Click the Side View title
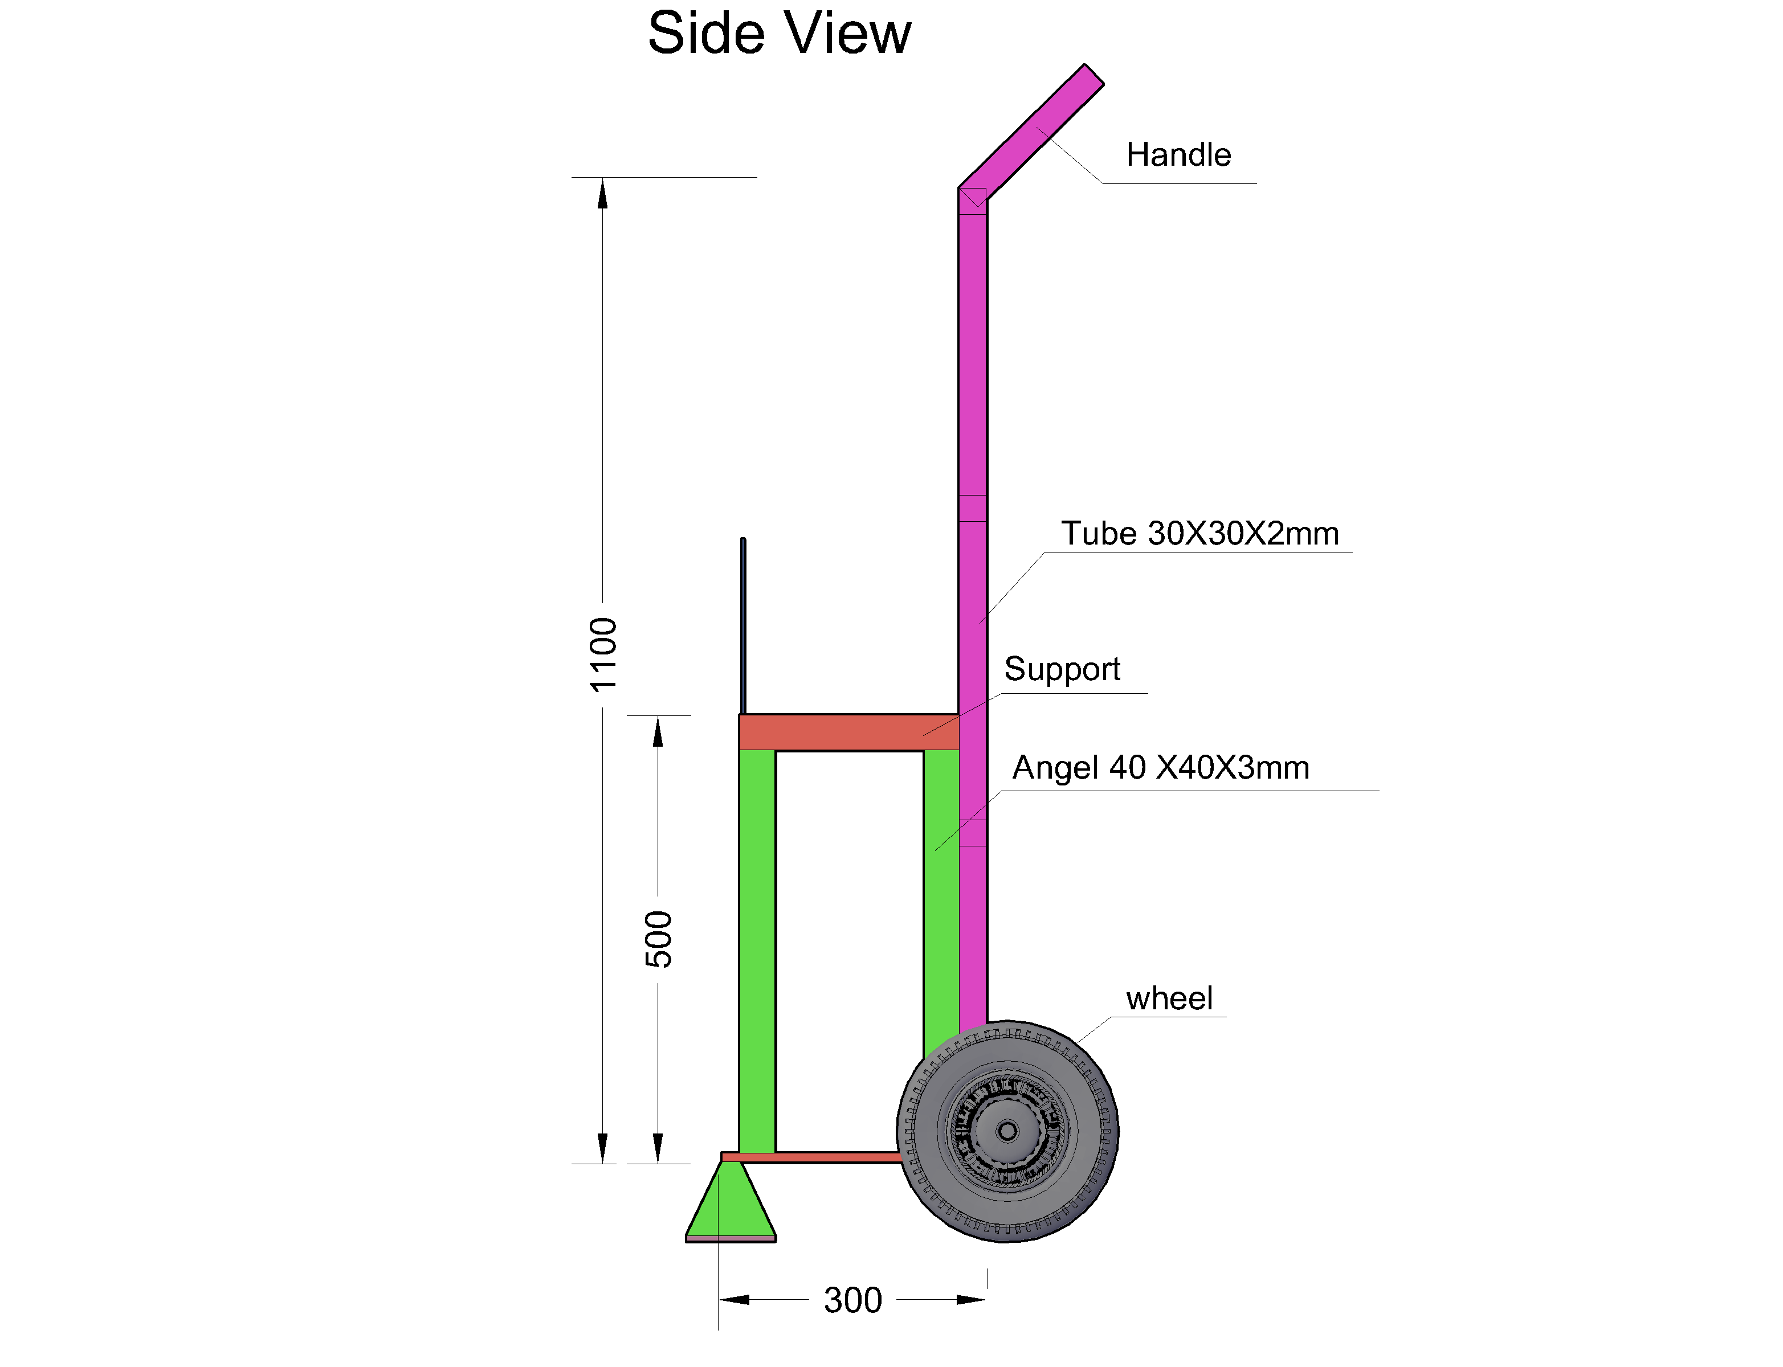click(778, 34)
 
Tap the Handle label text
click(1177, 154)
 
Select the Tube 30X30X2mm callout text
click(1199, 534)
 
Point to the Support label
click(1061, 669)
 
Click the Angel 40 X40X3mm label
click(1160, 767)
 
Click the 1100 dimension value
click(603, 654)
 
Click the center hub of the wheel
click(1007, 1131)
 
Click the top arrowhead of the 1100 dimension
click(602, 194)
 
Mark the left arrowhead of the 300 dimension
click(733, 1299)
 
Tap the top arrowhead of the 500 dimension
click(658, 731)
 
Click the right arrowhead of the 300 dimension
click(972, 1299)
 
